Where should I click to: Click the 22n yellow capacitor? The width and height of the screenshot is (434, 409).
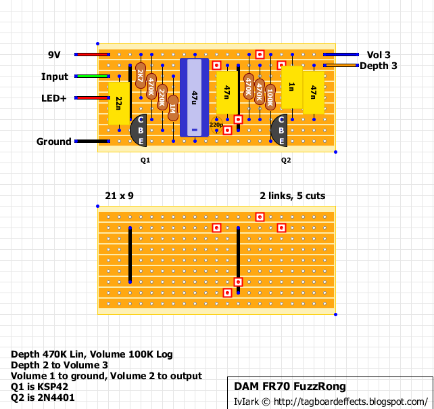(x=119, y=103)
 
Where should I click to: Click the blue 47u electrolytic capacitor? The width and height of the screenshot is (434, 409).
(x=195, y=98)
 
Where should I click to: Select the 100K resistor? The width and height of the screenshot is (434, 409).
(x=270, y=97)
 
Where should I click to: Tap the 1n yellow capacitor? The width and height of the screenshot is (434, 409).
(x=291, y=87)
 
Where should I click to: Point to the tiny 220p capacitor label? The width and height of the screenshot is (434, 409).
(x=216, y=125)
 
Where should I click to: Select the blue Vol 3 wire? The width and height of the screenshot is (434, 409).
(x=341, y=55)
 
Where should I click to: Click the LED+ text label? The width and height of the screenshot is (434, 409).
(x=54, y=98)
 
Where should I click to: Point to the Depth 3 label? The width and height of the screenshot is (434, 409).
(x=378, y=66)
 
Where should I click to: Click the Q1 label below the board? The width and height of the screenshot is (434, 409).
(x=145, y=161)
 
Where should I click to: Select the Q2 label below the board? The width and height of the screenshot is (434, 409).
(x=286, y=161)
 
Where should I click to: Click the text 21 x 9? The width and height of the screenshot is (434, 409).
(x=119, y=196)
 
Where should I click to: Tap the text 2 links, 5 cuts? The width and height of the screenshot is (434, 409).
(x=292, y=196)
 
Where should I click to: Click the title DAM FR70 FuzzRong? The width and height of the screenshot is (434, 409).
(x=290, y=387)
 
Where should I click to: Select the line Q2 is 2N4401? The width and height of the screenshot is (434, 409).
(x=42, y=397)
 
